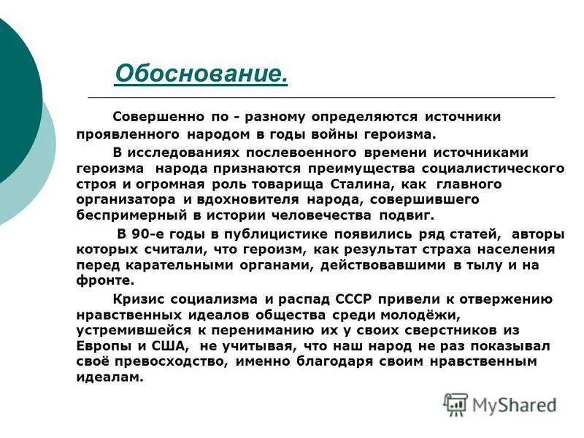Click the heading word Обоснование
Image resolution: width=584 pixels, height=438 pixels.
pyautogui.click(x=201, y=73)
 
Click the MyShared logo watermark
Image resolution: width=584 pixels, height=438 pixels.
pyautogui.click(x=500, y=404)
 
